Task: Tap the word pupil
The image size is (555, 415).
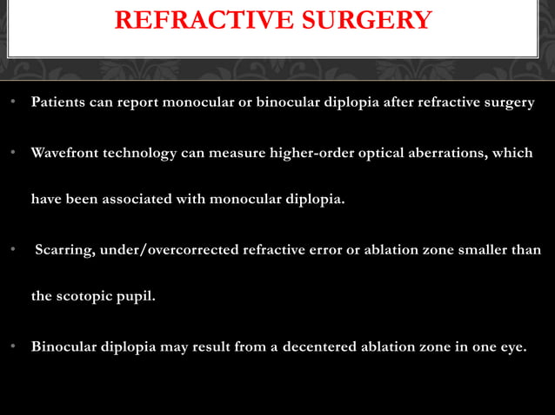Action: pos(139,296)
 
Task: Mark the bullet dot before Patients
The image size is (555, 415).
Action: pos(15,103)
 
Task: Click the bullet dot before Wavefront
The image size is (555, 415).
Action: pos(15,154)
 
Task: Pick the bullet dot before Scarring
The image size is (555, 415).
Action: pos(15,251)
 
